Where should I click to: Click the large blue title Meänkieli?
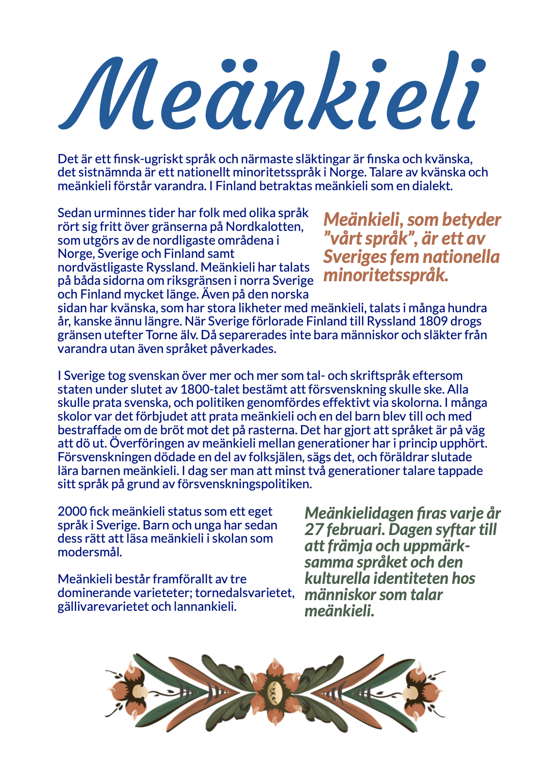272,92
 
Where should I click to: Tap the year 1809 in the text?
433,321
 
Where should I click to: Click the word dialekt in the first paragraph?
432,186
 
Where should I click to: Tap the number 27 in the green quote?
314,529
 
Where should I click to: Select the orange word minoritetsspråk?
386,275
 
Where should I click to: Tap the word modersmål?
89,552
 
